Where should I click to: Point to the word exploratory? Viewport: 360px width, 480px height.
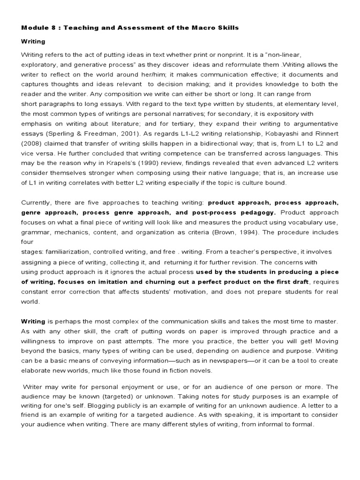click(39, 64)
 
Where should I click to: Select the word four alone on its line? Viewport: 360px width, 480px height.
click(27, 242)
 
